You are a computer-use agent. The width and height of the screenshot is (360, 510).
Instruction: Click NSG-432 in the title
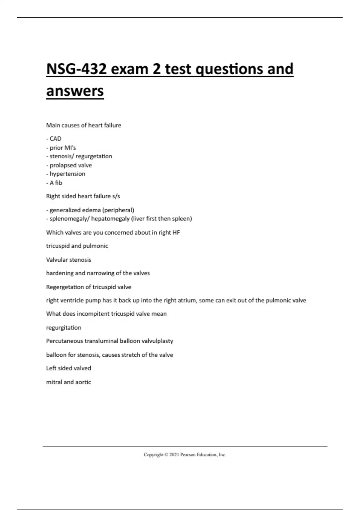(76, 69)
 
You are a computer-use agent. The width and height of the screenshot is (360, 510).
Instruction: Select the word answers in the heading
(75, 91)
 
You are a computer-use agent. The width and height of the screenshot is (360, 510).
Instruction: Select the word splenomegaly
(67, 219)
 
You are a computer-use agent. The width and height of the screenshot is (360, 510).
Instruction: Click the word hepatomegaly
(110, 219)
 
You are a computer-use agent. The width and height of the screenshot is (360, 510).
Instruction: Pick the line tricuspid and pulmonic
(77, 246)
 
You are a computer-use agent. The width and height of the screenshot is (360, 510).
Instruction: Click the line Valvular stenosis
(69, 260)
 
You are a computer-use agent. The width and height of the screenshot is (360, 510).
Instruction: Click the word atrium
(186, 300)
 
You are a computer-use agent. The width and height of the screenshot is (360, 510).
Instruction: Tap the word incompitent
(93, 314)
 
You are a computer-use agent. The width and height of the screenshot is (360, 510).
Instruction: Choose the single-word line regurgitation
(64, 328)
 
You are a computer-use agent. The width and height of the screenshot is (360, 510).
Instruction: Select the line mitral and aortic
(69, 382)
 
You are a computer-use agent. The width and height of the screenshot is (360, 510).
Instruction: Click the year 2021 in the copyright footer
(174, 455)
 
